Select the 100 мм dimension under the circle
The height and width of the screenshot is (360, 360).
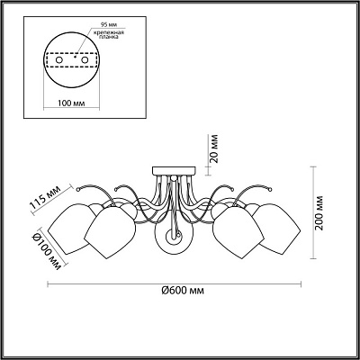pyautogui.click(x=71, y=103)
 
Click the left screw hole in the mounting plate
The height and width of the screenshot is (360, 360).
pyautogui.click(x=59, y=60)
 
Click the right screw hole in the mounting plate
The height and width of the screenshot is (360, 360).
pyautogui.click(x=85, y=60)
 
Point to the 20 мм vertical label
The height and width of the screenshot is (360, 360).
pyautogui.click(x=213, y=148)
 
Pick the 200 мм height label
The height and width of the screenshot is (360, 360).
pyautogui.click(x=319, y=212)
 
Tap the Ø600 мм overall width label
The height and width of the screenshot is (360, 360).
pyautogui.click(x=183, y=291)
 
